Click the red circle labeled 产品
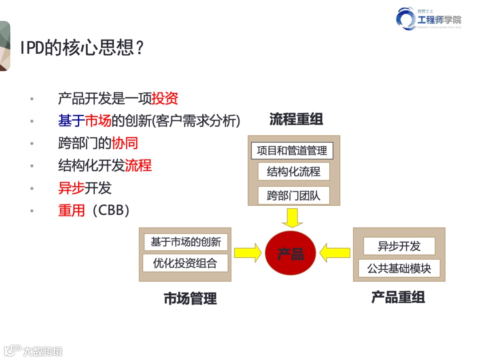(291, 253)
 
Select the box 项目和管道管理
(292, 151)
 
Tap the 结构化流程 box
(293, 172)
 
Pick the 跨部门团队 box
(293, 196)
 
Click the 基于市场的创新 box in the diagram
(185, 242)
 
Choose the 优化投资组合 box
(185, 263)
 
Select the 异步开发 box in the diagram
(399, 246)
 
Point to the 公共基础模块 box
(399, 268)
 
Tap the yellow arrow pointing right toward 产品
(248, 252)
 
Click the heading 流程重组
(296, 119)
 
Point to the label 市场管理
(190, 298)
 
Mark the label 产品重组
(398, 297)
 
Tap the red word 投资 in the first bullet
(165, 98)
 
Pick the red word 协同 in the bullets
(125, 143)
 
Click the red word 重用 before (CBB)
(72, 210)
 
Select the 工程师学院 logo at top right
(428, 20)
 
